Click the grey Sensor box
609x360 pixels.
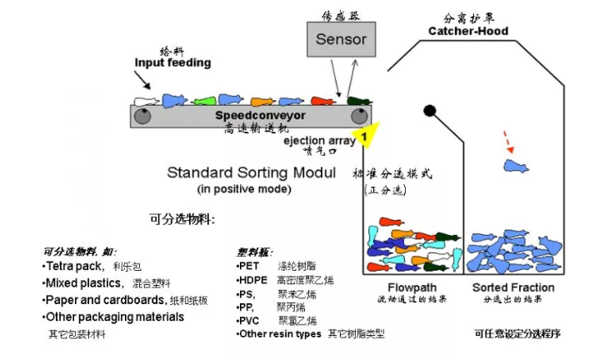(x=342, y=40)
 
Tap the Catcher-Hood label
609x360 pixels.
(x=468, y=32)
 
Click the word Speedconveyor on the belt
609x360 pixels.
(x=250, y=114)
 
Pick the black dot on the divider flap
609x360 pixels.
(x=430, y=110)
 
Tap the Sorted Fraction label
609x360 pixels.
(x=513, y=287)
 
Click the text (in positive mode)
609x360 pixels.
(x=243, y=188)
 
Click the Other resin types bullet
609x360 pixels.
(x=279, y=334)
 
